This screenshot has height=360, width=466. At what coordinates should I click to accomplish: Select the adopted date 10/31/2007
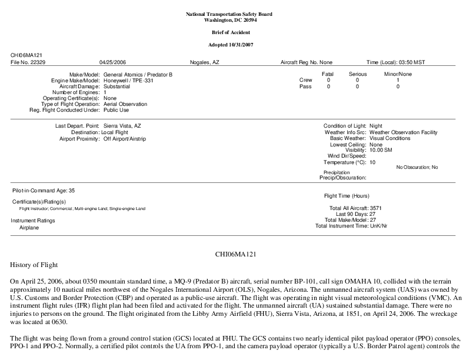click(243, 45)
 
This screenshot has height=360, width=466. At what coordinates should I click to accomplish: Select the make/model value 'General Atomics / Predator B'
click(138, 75)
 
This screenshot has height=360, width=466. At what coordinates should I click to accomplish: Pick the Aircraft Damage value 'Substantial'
click(117, 86)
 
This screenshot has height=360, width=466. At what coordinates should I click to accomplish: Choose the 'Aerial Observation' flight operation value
click(125, 104)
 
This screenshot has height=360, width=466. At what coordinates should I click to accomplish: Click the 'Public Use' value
click(116, 110)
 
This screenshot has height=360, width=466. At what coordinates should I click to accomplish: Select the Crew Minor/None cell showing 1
click(398, 80)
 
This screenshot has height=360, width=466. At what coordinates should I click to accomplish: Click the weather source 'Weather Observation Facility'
click(403, 132)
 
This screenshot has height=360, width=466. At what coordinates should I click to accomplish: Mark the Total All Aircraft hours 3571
click(375, 208)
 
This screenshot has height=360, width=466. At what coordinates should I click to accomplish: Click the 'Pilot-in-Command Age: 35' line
click(44, 191)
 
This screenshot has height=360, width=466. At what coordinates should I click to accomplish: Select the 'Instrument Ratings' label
click(33, 221)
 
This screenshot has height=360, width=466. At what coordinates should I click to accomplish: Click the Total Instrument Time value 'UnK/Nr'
click(378, 226)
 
